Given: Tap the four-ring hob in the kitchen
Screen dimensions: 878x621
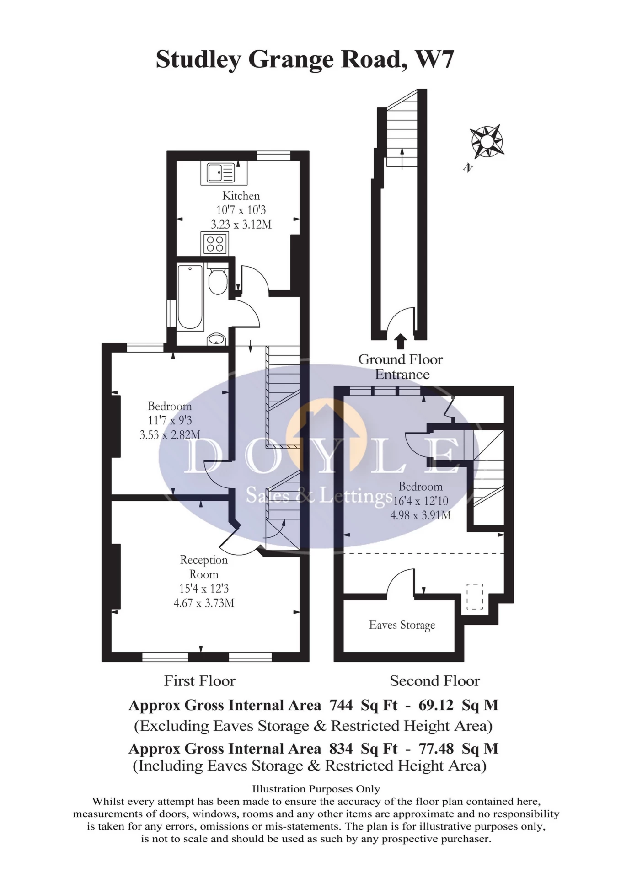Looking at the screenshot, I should [214, 243].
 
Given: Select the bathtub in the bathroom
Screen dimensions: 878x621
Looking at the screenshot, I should [190, 297].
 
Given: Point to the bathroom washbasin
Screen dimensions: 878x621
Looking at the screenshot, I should [216, 339].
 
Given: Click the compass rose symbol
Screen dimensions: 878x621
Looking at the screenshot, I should [487, 141].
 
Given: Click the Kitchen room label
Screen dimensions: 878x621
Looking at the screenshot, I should [241, 196].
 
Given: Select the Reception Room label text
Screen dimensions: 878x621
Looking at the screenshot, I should [203, 567].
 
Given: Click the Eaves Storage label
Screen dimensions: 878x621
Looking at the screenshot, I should [402, 625].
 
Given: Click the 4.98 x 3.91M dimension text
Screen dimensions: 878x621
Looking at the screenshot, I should [420, 515].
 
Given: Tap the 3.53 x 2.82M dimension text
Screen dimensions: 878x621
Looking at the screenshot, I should [170, 435].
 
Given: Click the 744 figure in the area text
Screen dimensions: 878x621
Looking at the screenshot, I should [341, 705].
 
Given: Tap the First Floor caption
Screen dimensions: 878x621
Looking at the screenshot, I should [199, 681].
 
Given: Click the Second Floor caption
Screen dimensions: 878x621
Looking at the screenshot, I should [434, 681].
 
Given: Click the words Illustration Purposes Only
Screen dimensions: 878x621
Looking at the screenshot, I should [316, 789].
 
